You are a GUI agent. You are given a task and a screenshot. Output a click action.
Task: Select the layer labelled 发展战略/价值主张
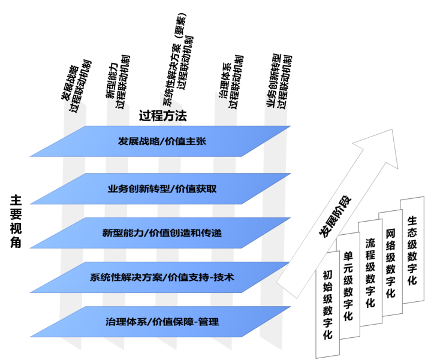pos(162,142)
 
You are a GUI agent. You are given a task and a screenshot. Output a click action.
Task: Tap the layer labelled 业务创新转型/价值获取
pos(162,189)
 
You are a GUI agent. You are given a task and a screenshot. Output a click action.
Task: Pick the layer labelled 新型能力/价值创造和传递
pos(162,232)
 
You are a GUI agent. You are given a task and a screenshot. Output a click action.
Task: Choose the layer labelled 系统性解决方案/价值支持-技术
pos(162,277)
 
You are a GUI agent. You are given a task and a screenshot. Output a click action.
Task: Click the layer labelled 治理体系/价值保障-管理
pos(162,322)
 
